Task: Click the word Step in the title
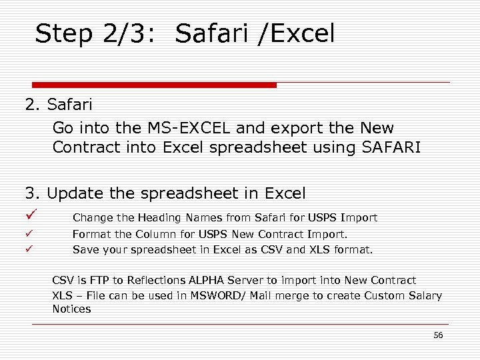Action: click(x=63, y=33)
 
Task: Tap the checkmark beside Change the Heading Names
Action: click(x=30, y=215)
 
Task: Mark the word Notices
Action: click(x=71, y=309)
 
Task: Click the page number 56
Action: click(x=437, y=335)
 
